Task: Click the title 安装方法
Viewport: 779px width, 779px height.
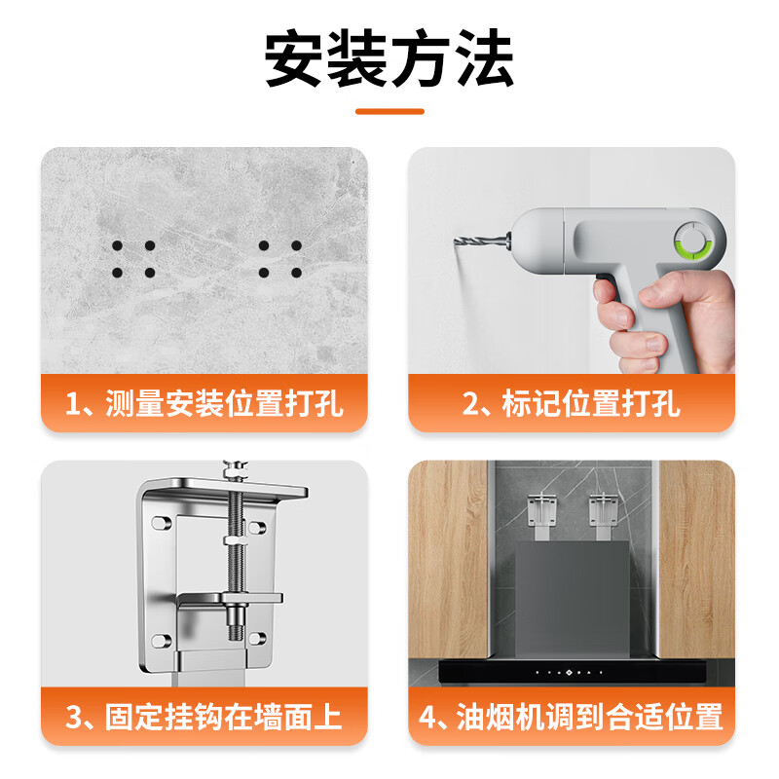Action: pyautogui.click(x=389, y=60)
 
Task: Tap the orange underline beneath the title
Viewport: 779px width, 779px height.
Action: pyautogui.click(x=389, y=111)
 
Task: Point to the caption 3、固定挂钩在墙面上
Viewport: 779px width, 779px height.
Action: pyautogui.click(x=204, y=718)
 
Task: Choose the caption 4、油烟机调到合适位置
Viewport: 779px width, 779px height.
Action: pyautogui.click(x=572, y=718)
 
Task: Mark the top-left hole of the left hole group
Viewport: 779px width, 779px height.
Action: pyautogui.click(x=118, y=246)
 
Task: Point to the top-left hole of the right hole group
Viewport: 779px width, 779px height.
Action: pyautogui.click(x=265, y=246)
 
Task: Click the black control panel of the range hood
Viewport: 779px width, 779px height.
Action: pyautogui.click(x=572, y=671)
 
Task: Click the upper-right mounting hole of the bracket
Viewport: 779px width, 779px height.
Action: pyautogui.click(x=256, y=527)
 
